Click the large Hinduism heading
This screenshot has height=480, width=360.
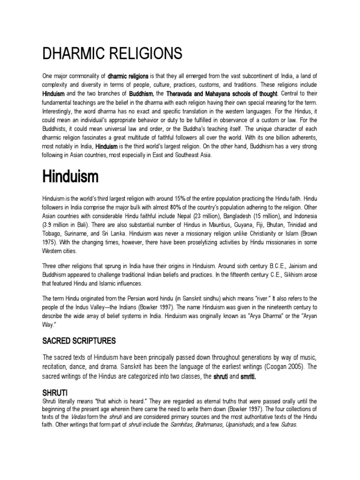pyautogui.click(x=70, y=177)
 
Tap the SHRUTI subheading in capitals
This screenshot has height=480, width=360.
pyautogui.click(x=55, y=391)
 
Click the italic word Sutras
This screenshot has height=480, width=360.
pyautogui.click(x=288, y=425)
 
